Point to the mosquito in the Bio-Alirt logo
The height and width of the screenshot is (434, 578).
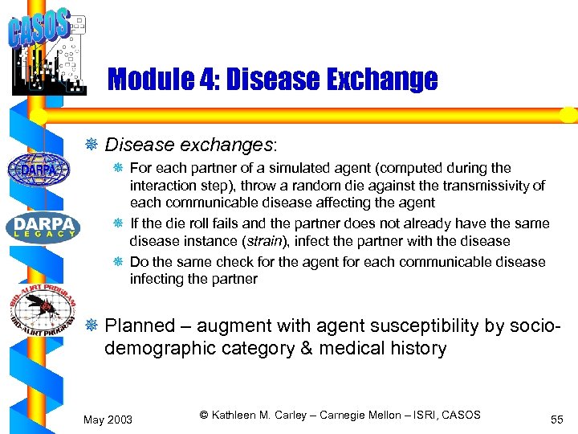[40, 310]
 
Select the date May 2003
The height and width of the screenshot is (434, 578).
[108, 420]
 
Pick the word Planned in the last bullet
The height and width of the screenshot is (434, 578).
[140, 325]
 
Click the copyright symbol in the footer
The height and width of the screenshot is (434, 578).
[204, 415]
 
